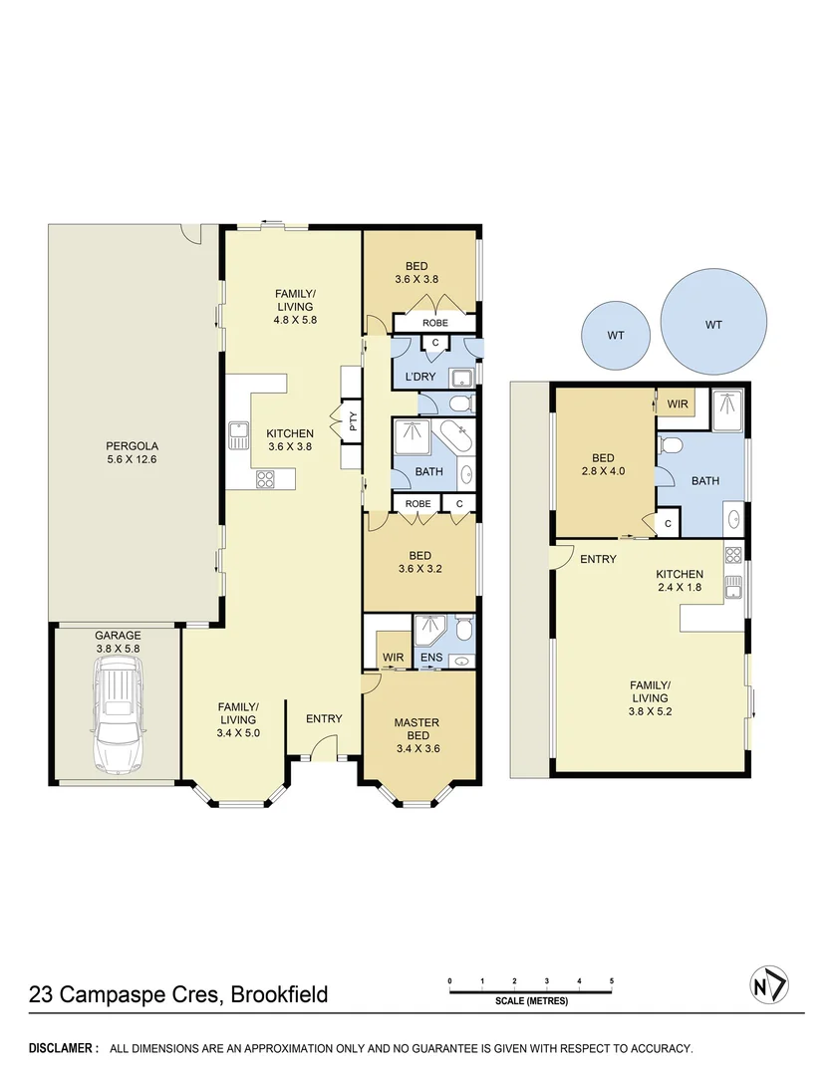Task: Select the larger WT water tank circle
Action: (713, 325)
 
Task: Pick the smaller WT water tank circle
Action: (616, 336)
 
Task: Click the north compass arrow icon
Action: (768, 985)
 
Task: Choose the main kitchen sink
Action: (239, 435)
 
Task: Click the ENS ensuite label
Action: (429, 658)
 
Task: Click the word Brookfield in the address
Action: (280, 994)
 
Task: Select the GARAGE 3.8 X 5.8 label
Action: (118, 642)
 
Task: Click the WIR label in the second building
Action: (678, 403)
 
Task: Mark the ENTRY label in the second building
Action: (598, 559)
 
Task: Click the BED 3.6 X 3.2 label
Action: (419, 563)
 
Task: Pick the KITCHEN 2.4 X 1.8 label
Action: (680, 581)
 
